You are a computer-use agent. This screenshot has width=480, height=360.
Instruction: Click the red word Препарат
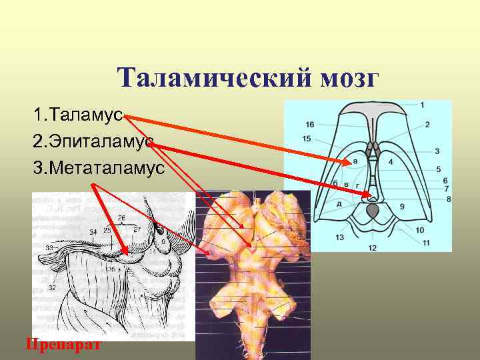(63, 345)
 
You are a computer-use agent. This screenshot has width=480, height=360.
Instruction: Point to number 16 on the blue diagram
(309, 125)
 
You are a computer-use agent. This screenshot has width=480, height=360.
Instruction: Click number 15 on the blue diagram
(307, 139)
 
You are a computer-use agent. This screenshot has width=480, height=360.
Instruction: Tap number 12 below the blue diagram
(372, 248)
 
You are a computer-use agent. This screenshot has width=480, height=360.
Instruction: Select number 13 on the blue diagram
(340, 237)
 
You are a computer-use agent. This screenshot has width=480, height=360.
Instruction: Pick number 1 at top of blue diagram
(423, 105)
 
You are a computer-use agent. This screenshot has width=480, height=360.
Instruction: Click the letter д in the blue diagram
(339, 204)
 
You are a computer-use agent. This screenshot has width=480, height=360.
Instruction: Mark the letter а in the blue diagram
(355, 161)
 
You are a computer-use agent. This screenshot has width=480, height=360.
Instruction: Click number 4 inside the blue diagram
(390, 162)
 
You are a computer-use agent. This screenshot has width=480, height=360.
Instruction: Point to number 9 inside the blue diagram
(401, 207)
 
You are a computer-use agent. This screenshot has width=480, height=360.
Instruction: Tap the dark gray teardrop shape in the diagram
(373, 212)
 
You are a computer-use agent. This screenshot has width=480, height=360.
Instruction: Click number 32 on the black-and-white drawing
(51, 288)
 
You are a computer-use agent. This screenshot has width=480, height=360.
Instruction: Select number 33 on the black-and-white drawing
(49, 247)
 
